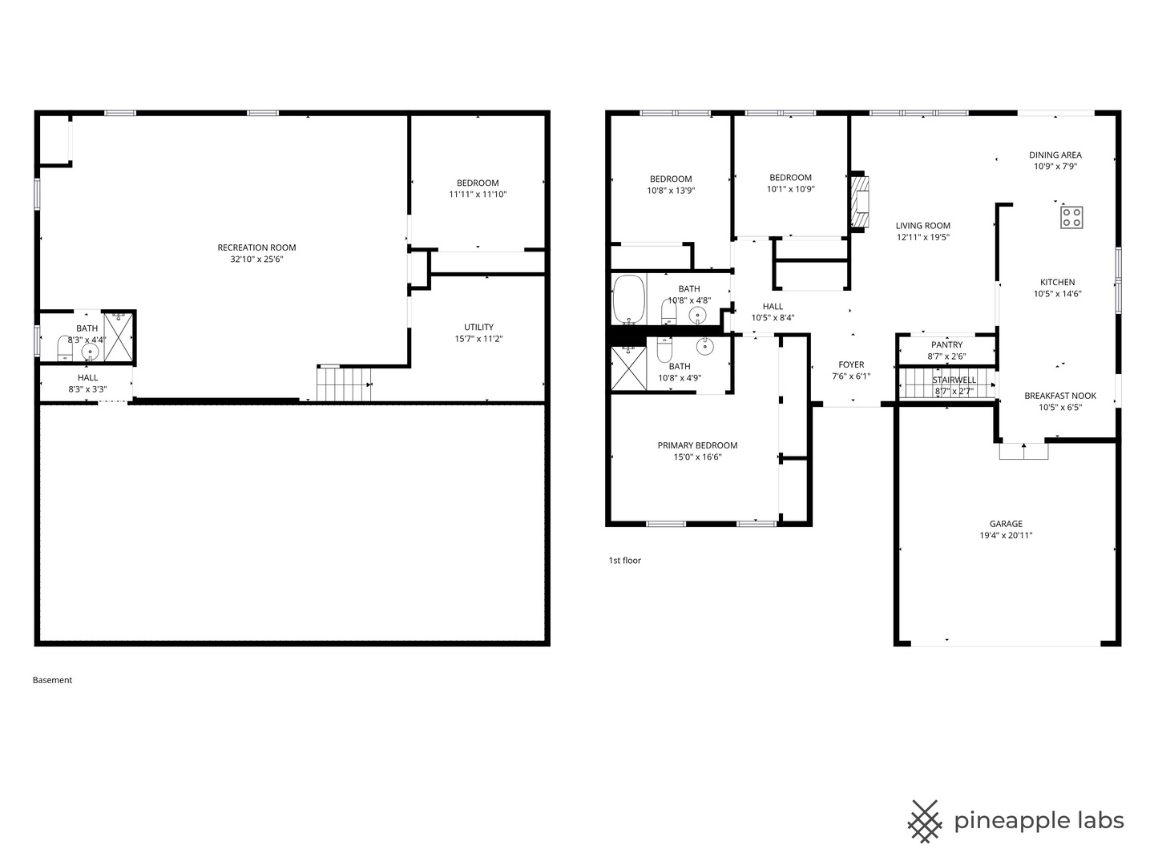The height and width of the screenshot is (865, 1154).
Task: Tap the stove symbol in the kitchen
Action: coord(1071,217)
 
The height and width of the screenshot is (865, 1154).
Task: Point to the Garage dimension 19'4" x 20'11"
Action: coord(1005,535)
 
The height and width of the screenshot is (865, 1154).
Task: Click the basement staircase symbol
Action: coord(345,383)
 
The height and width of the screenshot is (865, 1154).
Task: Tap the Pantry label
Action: coord(946,345)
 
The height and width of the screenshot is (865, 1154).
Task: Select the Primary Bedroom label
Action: coord(697,445)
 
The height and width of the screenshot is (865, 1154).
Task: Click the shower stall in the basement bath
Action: coord(119,336)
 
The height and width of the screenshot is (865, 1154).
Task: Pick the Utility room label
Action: coord(478,327)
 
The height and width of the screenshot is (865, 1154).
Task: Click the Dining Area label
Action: coord(1055,155)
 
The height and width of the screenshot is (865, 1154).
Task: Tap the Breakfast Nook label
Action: coord(1059,396)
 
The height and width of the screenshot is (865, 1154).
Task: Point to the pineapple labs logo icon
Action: coord(924,821)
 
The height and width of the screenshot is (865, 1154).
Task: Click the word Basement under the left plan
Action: coord(52,680)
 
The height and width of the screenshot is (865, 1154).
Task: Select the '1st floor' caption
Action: coord(624,561)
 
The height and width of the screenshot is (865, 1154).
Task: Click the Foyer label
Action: coord(850,364)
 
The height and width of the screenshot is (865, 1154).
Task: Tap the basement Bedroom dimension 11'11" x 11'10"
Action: coord(478,195)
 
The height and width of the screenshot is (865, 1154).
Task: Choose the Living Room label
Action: coord(922,226)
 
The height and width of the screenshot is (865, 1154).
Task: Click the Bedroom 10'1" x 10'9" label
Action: coord(790,178)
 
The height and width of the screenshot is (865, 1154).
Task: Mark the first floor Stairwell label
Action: coord(954,380)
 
